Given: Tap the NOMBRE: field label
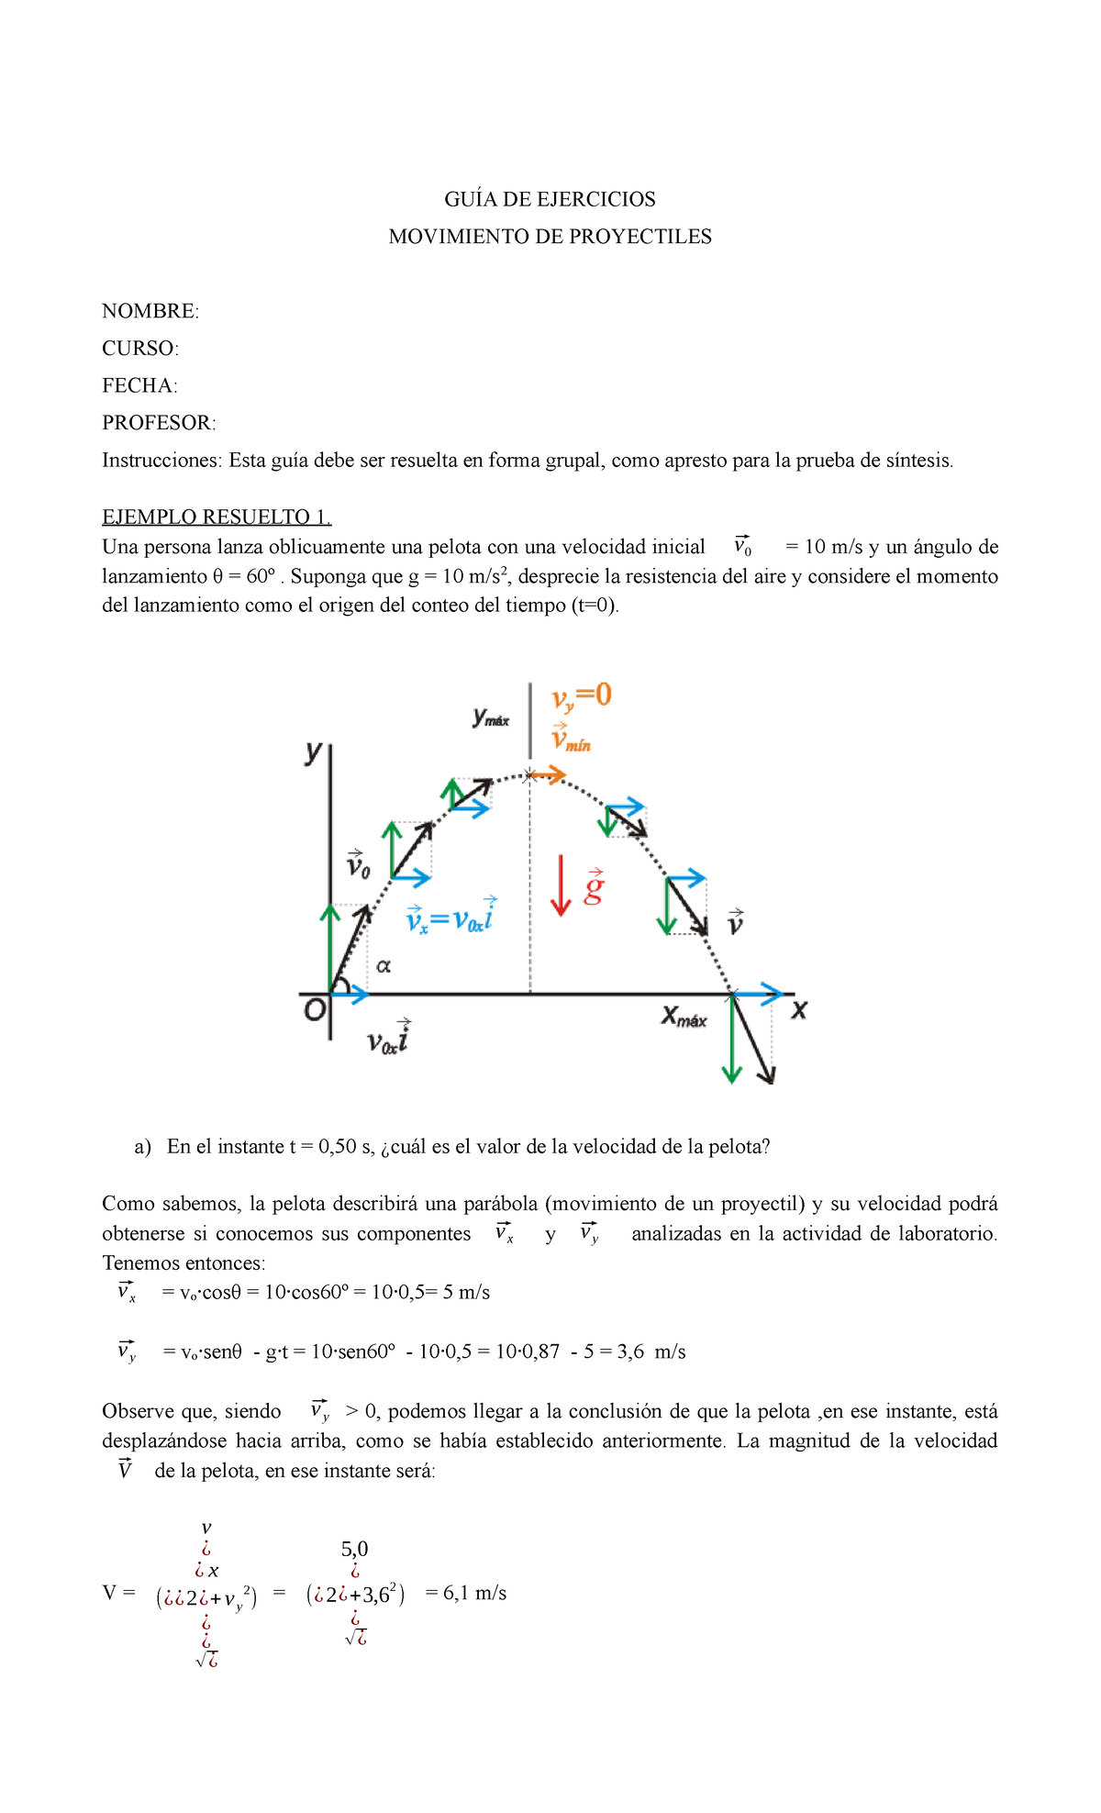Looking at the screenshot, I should click(150, 311).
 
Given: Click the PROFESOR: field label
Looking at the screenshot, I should click(159, 423).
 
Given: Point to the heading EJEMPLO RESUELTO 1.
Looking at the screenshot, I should click(217, 517).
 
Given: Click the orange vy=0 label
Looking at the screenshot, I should click(581, 696).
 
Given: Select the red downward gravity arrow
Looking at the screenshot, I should click(561, 885).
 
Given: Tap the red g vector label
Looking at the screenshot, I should click(595, 887).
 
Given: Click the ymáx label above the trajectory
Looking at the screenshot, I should click(491, 717).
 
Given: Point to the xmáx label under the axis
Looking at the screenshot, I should click(684, 1017).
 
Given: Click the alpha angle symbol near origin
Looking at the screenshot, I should click(384, 966).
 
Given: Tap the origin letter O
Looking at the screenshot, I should click(315, 1011).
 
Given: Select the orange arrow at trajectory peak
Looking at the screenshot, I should click(549, 775).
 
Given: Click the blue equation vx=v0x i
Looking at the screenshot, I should click(450, 918).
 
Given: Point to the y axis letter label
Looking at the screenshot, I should click(314, 753).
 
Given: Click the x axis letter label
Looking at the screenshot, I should click(799, 1010).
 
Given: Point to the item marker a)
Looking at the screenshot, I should click(142, 1147).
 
